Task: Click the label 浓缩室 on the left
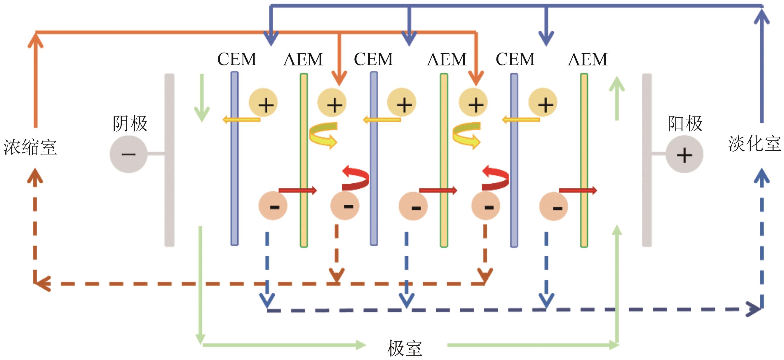click(x=30, y=147)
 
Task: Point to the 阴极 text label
click(x=130, y=124)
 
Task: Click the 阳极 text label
click(x=685, y=124)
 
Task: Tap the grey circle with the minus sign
click(x=128, y=154)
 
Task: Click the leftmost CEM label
click(x=237, y=59)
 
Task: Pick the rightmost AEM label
click(x=587, y=59)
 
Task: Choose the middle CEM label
click(x=373, y=59)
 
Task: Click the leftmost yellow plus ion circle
click(x=263, y=103)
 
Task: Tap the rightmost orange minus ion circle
click(x=553, y=207)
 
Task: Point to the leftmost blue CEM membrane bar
click(x=234, y=158)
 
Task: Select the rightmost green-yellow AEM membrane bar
click(x=584, y=160)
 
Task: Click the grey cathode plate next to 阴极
click(x=170, y=160)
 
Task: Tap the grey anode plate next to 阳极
click(x=647, y=160)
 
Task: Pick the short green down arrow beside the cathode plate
click(x=201, y=98)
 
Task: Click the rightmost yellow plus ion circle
click(x=543, y=103)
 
